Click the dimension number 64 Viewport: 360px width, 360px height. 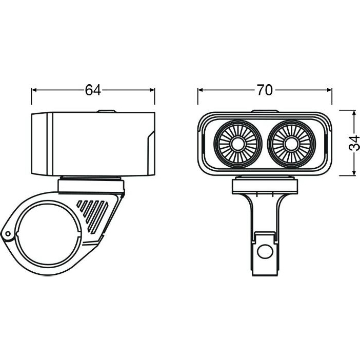pos(93,90)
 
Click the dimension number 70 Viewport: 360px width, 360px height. pos(265,90)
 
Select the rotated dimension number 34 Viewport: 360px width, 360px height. pos(354,143)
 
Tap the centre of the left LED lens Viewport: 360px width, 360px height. pos(237,144)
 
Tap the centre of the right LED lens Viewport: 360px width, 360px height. pos(291,144)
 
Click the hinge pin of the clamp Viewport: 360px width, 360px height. pos(8,234)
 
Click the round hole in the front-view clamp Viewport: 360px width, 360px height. pos(265,252)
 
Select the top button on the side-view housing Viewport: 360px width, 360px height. pos(106,111)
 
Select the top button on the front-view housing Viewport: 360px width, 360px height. pos(265,111)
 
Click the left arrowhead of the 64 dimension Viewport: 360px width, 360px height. pos(34,90)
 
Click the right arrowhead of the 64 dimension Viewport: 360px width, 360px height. pos(152,90)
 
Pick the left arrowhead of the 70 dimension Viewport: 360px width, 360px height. pos(201,90)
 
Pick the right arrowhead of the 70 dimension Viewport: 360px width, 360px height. pos(329,90)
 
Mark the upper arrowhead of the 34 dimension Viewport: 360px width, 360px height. pos(354,113)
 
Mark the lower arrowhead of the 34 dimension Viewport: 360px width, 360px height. pos(354,173)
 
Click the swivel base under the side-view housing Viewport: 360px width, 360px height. pos(91,185)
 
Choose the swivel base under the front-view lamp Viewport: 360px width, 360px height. pos(265,185)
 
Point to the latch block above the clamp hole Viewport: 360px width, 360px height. pos(265,237)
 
